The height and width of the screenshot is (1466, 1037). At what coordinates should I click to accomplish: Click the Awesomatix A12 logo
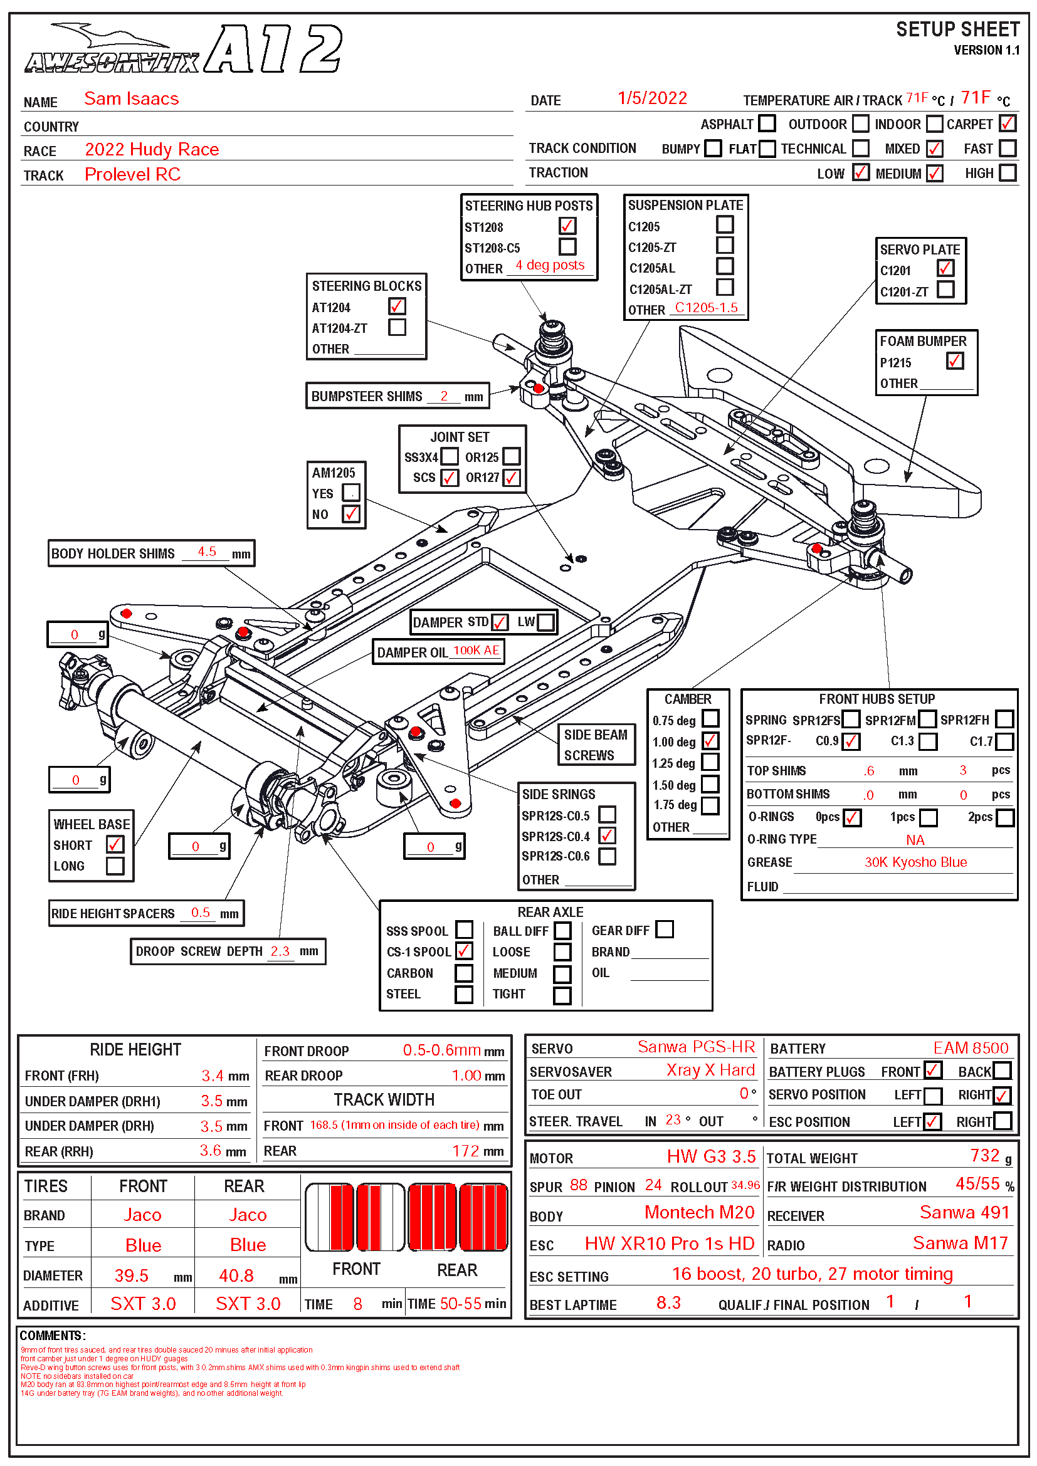click(184, 50)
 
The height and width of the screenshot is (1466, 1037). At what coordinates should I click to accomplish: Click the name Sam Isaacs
click(132, 99)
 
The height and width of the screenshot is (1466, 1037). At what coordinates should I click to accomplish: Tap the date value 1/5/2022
click(652, 98)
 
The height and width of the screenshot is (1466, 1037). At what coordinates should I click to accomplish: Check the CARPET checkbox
click(1007, 123)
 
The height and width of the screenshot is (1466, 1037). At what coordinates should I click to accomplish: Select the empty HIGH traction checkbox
click(1007, 173)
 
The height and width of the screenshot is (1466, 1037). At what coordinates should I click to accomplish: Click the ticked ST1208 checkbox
click(567, 226)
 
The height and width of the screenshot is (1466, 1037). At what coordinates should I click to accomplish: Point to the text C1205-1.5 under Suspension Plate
click(706, 308)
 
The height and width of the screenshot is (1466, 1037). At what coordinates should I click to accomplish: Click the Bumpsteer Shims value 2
click(444, 396)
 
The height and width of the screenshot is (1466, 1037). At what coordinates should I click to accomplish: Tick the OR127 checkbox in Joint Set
click(512, 478)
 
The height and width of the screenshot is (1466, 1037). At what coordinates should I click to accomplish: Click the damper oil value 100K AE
click(476, 651)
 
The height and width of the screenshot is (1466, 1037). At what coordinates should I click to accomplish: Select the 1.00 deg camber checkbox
click(710, 741)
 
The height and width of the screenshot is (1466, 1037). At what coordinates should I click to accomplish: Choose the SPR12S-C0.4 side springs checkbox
click(608, 835)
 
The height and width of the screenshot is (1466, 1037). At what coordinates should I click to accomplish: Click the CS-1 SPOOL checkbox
click(464, 951)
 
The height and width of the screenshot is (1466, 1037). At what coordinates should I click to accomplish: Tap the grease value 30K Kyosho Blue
click(915, 862)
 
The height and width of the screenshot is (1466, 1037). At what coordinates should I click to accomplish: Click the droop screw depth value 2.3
click(280, 951)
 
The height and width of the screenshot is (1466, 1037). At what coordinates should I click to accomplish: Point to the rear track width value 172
click(465, 1151)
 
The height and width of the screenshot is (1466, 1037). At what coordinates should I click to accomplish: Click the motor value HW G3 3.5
click(711, 1156)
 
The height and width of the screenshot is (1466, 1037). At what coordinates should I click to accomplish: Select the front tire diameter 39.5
click(132, 1275)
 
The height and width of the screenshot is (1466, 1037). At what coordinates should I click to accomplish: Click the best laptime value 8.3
click(668, 1302)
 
